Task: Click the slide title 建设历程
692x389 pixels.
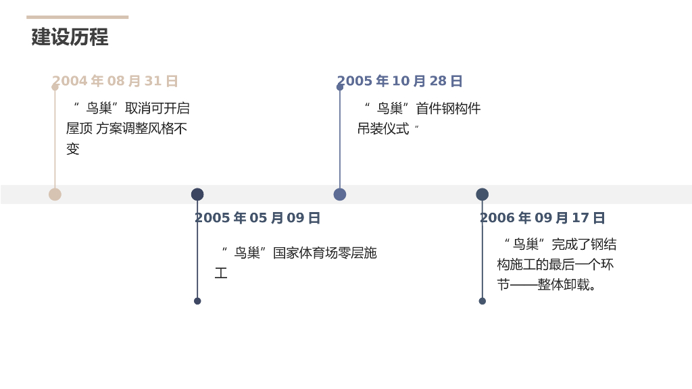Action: [70, 37]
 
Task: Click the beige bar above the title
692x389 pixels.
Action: [77, 17]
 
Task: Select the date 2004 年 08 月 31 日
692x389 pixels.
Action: [115, 81]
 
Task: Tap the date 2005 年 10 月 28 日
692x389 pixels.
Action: [399, 81]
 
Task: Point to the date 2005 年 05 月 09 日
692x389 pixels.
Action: [257, 218]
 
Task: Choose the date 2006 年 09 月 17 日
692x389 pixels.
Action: [542, 218]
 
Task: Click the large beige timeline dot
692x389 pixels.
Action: [55, 194]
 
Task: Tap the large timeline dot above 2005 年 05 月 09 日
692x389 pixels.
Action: [197, 194]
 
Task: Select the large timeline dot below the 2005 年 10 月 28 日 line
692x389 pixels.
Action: [340, 194]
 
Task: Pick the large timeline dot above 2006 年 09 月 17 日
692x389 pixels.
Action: [482, 194]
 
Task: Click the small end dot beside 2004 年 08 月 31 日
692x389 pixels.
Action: [55, 87]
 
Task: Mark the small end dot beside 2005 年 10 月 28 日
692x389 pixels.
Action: [340, 87]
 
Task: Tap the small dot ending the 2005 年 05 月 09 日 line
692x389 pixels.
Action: [197, 301]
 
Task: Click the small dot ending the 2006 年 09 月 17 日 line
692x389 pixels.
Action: [483, 301]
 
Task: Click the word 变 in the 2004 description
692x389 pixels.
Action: [73, 149]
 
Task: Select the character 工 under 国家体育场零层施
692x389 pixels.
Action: [221, 274]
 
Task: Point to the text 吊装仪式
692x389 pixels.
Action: [383, 129]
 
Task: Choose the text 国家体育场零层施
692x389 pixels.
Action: [324, 253]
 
